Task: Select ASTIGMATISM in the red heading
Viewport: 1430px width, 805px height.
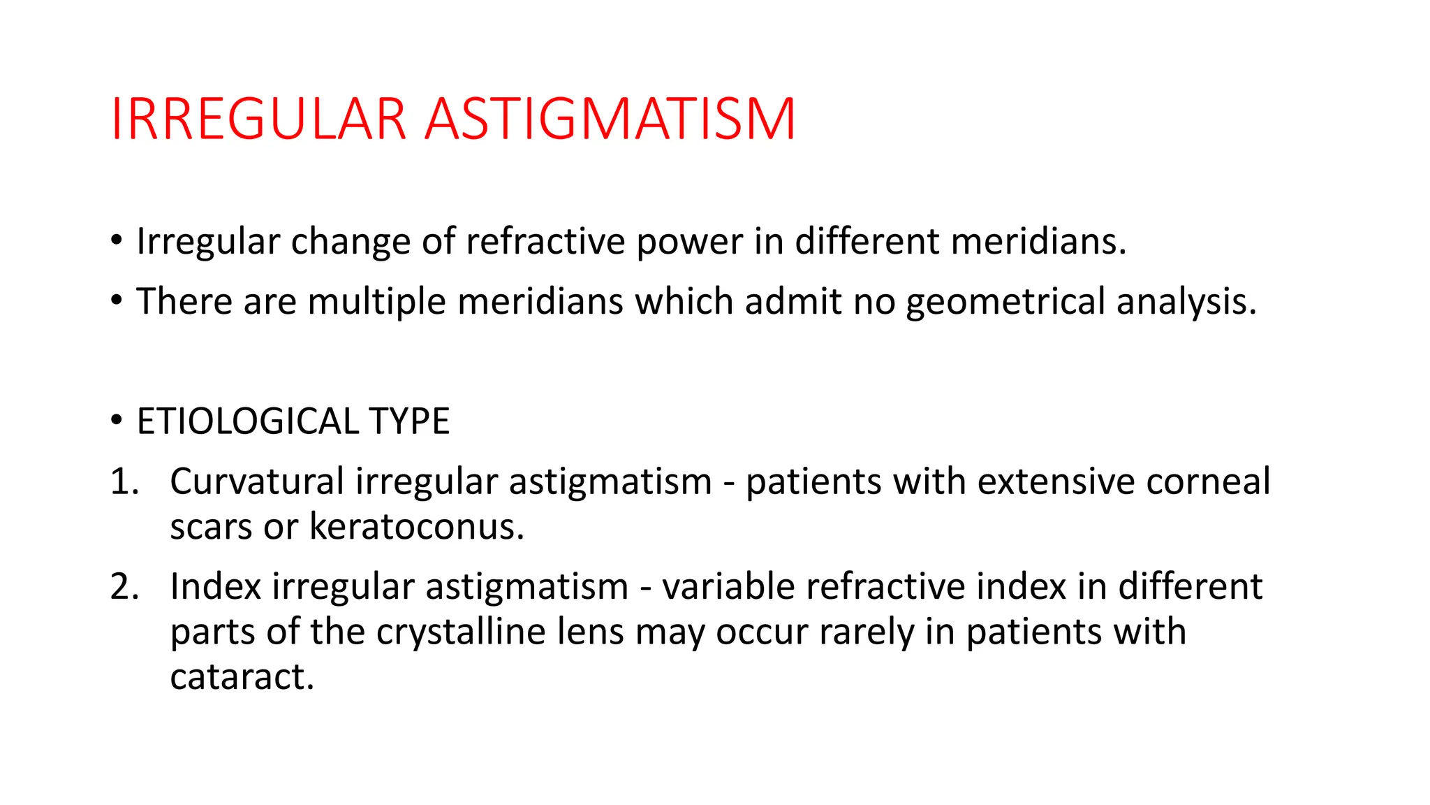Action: tap(610, 119)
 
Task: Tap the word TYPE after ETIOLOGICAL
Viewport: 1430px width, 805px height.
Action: tap(410, 421)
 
